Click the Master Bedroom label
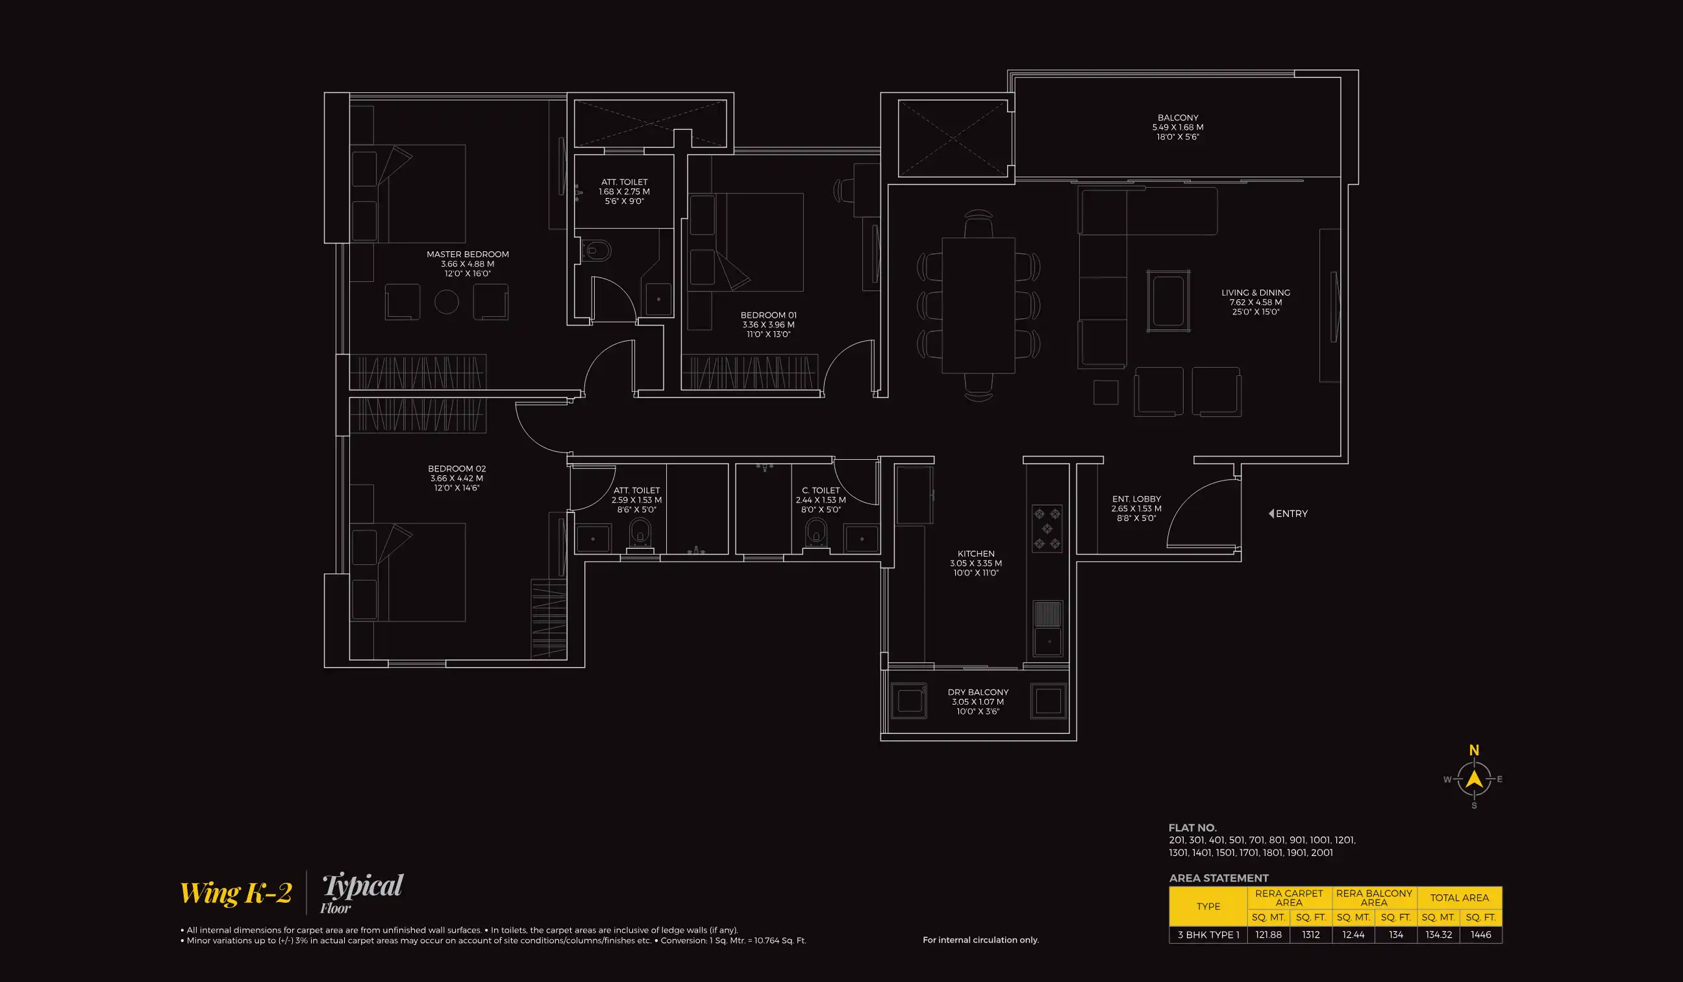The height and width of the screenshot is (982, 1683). [467, 255]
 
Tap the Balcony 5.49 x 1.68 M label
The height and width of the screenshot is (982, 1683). [1177, 127]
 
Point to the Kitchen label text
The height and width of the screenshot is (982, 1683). [976, 554]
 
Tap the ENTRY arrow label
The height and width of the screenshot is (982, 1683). [1288, 514]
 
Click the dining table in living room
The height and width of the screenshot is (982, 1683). [979, 305]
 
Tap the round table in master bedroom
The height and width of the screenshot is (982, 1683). [447, 302]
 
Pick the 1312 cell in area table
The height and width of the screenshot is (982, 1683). [1310, 935]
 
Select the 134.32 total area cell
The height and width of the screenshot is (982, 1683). [1439, 935]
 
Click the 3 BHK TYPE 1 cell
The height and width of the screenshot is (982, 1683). [1208, 935]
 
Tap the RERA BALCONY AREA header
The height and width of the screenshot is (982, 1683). [1374, 897]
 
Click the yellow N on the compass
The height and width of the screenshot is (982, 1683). [1474, 750]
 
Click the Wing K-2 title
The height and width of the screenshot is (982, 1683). [236, 893]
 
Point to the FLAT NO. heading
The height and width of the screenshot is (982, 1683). [1192, 827]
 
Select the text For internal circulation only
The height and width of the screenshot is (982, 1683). [980, 940]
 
